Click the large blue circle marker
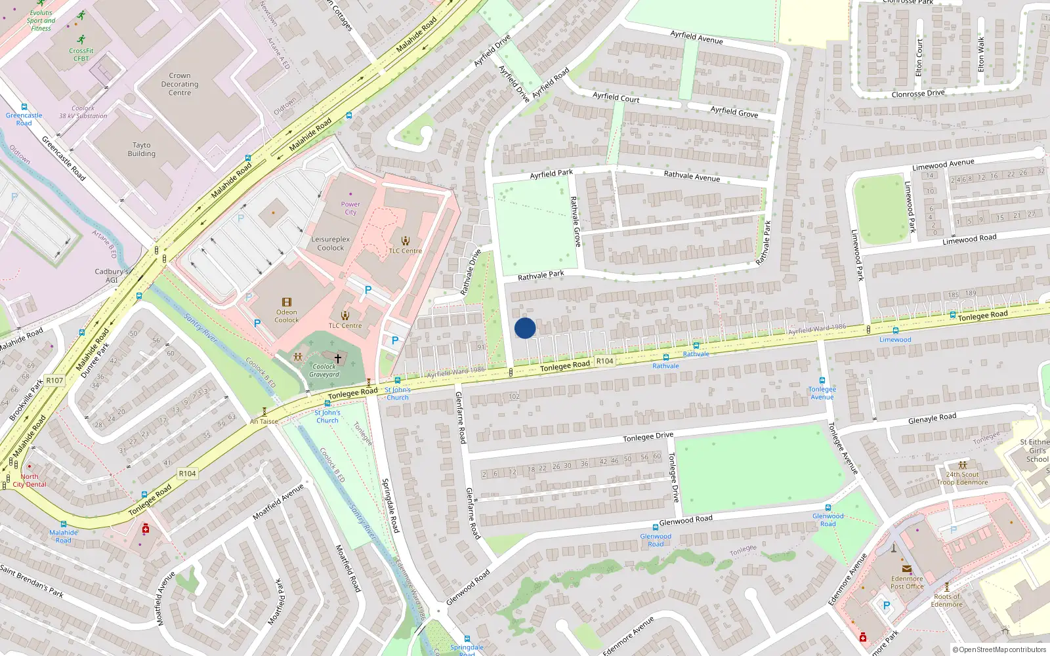[525, 328]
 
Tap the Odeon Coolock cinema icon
[287, 302]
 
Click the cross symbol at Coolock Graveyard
[338, 358]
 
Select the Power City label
[350, 208]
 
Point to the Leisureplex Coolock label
[331, 243]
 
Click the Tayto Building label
[142, 150]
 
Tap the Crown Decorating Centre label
[180, 84]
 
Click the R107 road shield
[54, 380]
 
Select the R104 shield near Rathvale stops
[604, 361]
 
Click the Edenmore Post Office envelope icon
[906, 569]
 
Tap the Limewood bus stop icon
[895, 331]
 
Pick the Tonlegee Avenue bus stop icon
[822, 380]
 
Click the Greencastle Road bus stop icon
[24, 107]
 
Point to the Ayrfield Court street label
[616, 97]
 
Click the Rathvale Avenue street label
[692, 176]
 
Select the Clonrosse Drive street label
[918, 94]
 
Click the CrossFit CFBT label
[81, 54]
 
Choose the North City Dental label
[30, 480]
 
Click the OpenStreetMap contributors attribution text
[999, 649]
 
